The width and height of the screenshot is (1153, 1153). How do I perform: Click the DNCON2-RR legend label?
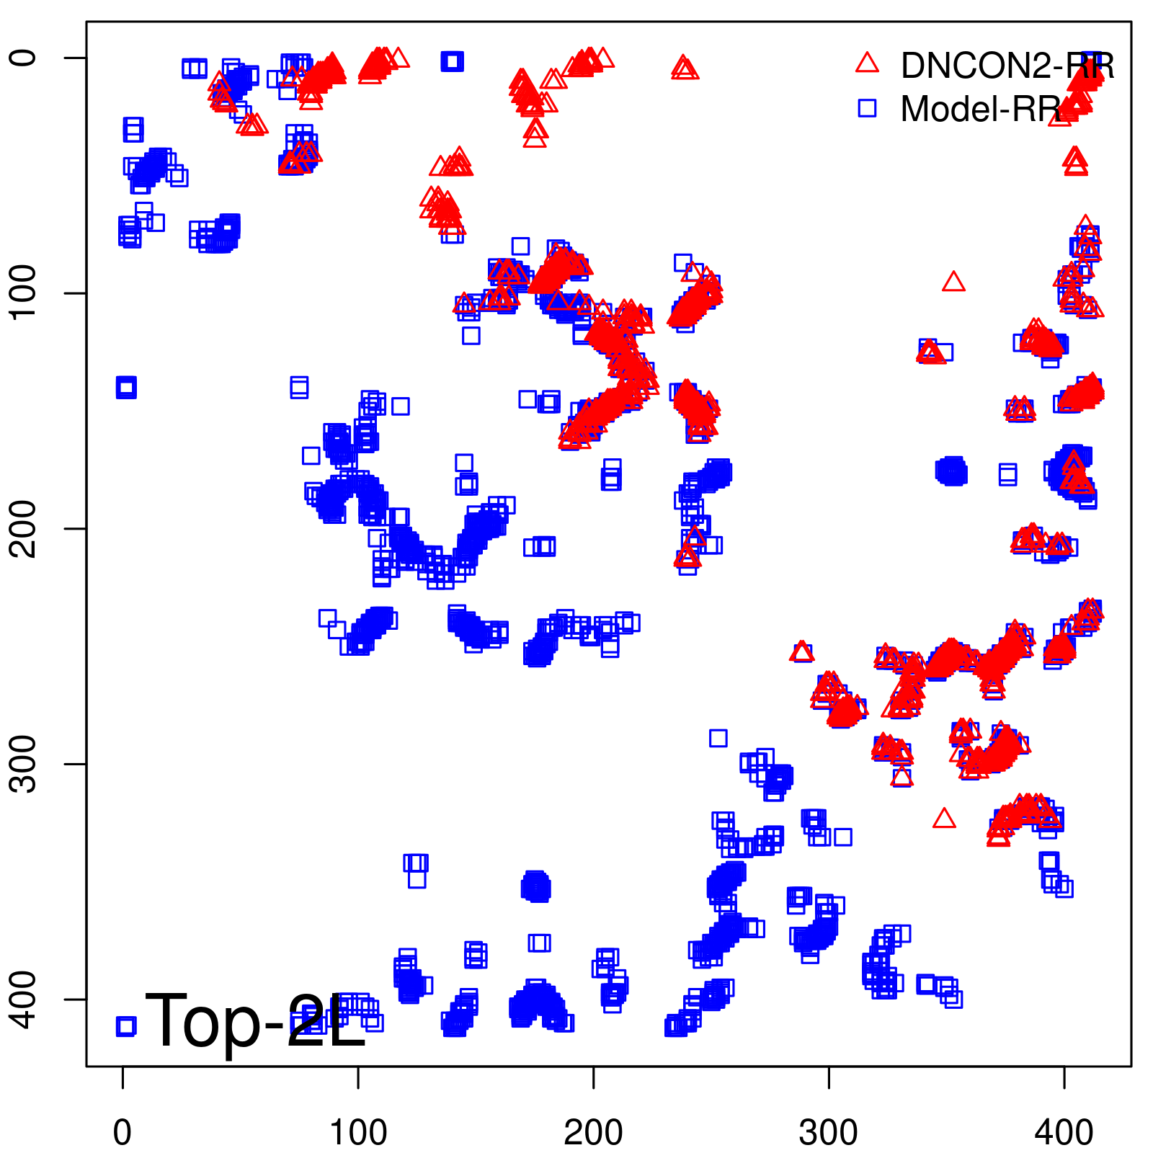pos(1007,66)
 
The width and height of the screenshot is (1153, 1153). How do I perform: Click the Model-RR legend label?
pos(980,110)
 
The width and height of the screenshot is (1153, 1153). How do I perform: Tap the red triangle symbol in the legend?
pos(867,63)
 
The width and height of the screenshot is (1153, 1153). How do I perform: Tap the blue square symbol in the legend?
pos(867,108)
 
